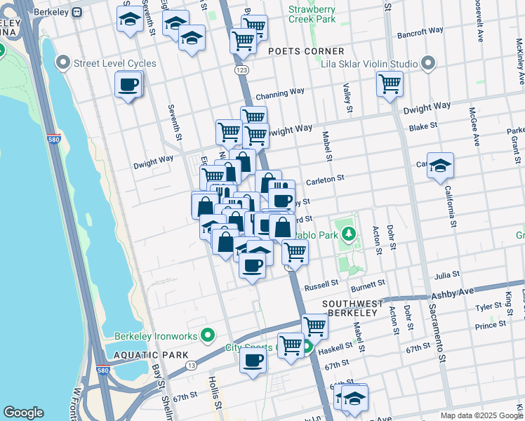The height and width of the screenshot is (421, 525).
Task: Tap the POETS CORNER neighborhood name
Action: (306, 51)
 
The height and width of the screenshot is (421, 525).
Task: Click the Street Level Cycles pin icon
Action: (65, 63)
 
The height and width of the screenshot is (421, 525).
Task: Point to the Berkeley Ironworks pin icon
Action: (207, 335)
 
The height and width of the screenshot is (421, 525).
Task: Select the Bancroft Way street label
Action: (420, 31)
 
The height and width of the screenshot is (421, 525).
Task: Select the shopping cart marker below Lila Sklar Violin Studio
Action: (390, 83)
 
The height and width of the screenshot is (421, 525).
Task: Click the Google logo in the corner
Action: (23, 413)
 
